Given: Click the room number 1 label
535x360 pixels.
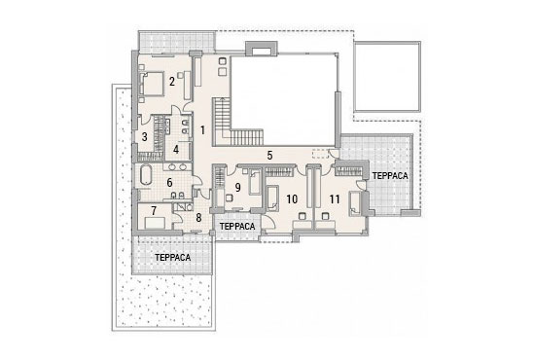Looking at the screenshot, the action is pyautogui.click(x=202, y=130).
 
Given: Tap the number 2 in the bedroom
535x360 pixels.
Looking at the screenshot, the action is pyautogui.click(x=172, y=81).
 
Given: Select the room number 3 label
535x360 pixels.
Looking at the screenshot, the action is pyautogui.click(x=145, y=137).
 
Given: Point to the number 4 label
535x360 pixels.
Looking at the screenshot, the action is pyautogui.click(x=176, y=150).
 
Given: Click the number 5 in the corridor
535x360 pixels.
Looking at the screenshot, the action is pyautogui.click(x=269, y=156).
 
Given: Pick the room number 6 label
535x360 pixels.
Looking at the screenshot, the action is pyautogui.click(x=169, y=183).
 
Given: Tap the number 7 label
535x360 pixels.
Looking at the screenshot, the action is pyautogui.click(x=154, y=211).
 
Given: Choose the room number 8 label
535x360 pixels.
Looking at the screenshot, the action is pyautogui.click(x=198, y=218).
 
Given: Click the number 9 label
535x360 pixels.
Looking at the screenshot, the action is pyautogui.click(x=237, y=188).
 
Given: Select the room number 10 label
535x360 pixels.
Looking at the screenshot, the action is pyautogui.click(x=292, y=199).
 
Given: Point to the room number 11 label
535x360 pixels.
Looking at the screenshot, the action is pyautogui.click(x=335, y=199).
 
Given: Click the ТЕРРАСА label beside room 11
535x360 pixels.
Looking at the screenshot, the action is pyautogui.click(x=390, y=176).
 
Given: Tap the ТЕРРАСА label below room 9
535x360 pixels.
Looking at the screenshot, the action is pyautogui.click(x=237, y=227).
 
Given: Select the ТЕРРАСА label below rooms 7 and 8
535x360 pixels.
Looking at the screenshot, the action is pyautogui.click(x=172, y=257).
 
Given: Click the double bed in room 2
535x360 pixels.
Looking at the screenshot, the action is pyautogui.click(x=152, y=84).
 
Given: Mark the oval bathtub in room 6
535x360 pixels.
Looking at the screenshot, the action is pyautogui.click(x=146, y=176).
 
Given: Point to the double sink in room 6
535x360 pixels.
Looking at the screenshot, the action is pyautogui.click(x=178, y=167).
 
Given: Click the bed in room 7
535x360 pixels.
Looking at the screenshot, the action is pyautogui.click(x=155, y=224).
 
